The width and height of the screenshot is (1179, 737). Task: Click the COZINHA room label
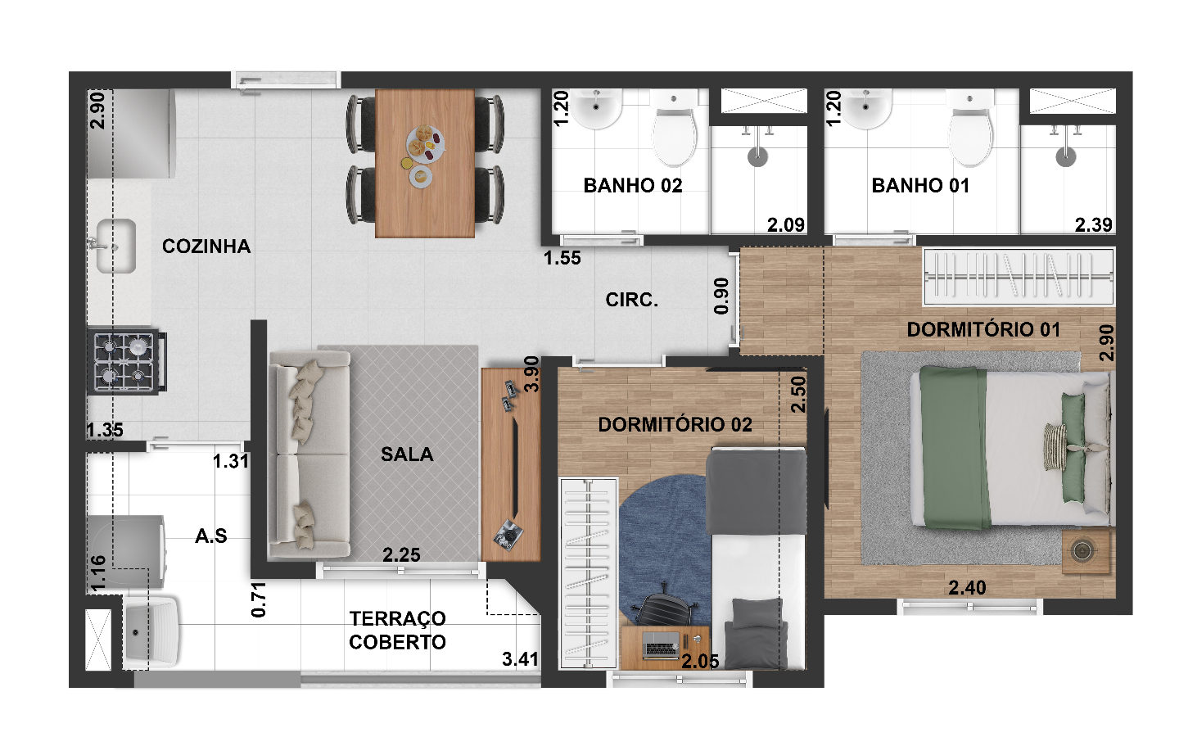(206, 246)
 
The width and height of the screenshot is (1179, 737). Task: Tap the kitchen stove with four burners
(126, 361)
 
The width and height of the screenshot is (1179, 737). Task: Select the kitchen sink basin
(116, 246)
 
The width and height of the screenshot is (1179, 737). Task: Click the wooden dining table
(425, 163)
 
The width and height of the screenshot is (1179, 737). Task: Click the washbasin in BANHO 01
(865, 108)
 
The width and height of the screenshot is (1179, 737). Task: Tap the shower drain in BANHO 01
(1065, 156)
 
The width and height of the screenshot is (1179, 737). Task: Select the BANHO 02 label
(633, 185)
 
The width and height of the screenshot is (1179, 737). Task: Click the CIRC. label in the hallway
(631, 300)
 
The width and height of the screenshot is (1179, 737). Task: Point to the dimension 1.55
(562, 258)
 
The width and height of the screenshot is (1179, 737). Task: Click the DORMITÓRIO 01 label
(983, 329)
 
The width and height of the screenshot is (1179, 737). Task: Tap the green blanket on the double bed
(954, 447)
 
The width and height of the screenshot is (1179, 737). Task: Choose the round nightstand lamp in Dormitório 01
(1082, 551)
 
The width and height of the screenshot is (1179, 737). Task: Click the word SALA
(407, 454)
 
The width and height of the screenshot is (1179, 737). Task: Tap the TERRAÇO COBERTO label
(397, 631)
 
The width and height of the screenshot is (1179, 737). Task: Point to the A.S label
(211, 536)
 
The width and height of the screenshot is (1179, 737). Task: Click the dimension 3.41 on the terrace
(520, 659)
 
